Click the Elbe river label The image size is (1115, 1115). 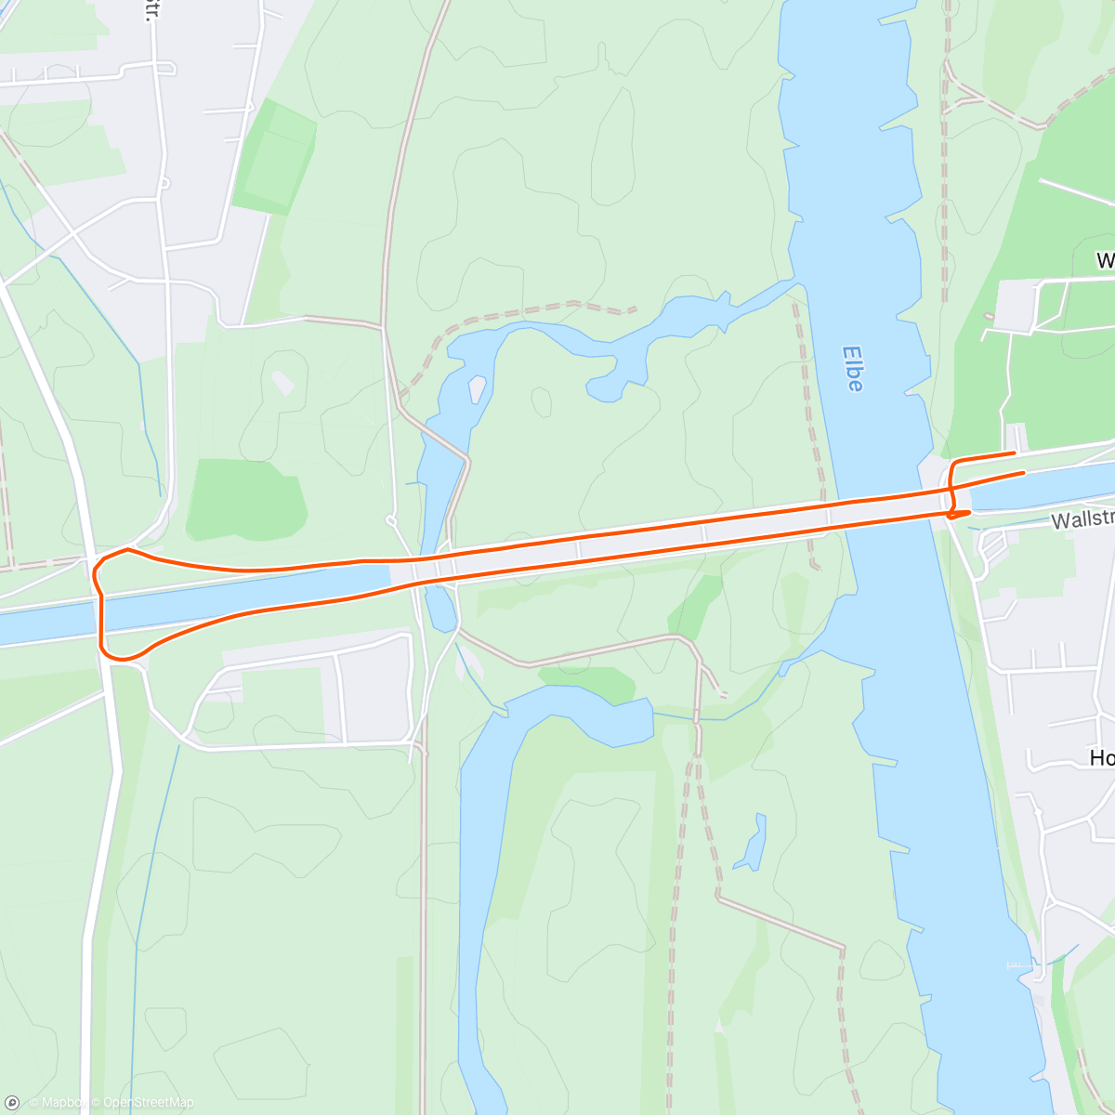point(853,368)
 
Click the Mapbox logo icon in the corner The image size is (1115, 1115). point(13,1102)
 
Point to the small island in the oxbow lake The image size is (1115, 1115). point(478,388)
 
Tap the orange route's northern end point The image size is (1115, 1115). point(1013,453)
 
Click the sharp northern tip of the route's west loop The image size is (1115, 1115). point(127,549)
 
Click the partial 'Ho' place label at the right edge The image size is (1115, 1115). point(1102,758)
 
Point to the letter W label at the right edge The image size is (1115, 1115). point(1105,260)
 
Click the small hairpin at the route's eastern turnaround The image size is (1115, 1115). point(953,514)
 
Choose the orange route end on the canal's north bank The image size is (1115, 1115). point(1023,472)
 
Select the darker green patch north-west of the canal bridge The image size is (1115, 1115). point(246,500)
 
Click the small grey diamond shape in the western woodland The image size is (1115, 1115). point(282,381)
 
